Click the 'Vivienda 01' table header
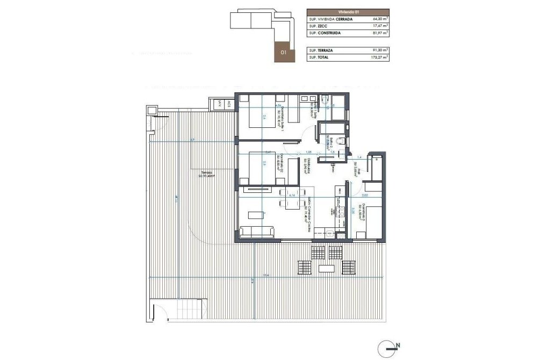click(x=348, y=11)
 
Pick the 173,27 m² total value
click(x=379, y=56)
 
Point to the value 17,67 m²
click(x=379, y=26)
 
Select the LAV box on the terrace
click(x=219, y=105)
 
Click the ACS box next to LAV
click(x=229, y=105)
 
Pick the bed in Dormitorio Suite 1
click(x=263, y=114)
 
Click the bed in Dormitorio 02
click(x=263, y=168)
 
